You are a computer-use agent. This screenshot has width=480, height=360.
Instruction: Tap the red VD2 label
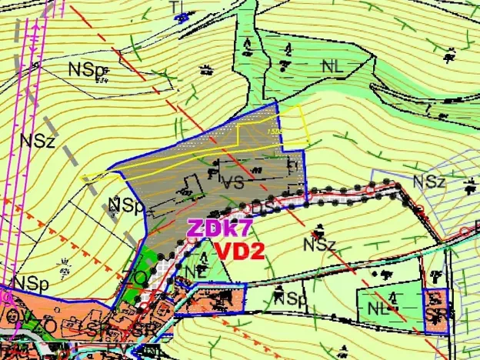[x=239, y=251]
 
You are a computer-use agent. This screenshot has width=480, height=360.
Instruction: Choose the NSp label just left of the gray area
[x=125, y=205]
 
